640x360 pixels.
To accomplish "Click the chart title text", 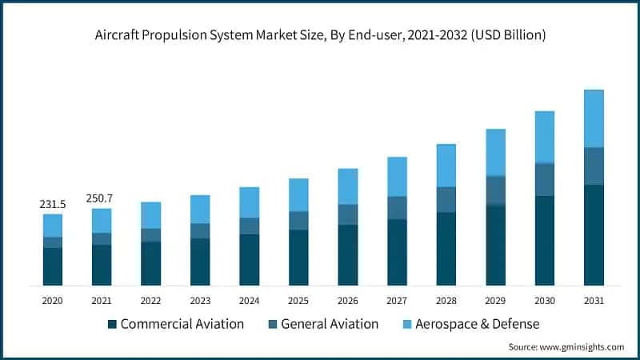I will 320,34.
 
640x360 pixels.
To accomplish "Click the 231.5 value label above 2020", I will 53,205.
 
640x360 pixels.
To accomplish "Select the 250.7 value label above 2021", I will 102,198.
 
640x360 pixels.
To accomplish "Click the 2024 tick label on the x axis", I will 249,301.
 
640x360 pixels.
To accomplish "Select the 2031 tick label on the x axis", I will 594,301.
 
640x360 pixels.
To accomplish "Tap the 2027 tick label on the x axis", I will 397,301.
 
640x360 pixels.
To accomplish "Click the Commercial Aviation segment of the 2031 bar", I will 594,235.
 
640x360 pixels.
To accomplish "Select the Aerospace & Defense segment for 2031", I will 594,118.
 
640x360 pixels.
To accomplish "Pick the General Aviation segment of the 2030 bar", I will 545,179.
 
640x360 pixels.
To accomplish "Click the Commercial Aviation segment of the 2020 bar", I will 53,266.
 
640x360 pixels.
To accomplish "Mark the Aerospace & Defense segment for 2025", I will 298,194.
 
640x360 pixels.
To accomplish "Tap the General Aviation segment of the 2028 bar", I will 446,200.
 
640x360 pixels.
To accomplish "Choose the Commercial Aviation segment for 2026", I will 348,255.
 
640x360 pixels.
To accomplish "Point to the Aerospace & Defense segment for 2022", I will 150,215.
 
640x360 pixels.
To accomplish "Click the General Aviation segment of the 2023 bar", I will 200,230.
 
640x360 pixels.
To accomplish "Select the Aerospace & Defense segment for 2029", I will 495,152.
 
